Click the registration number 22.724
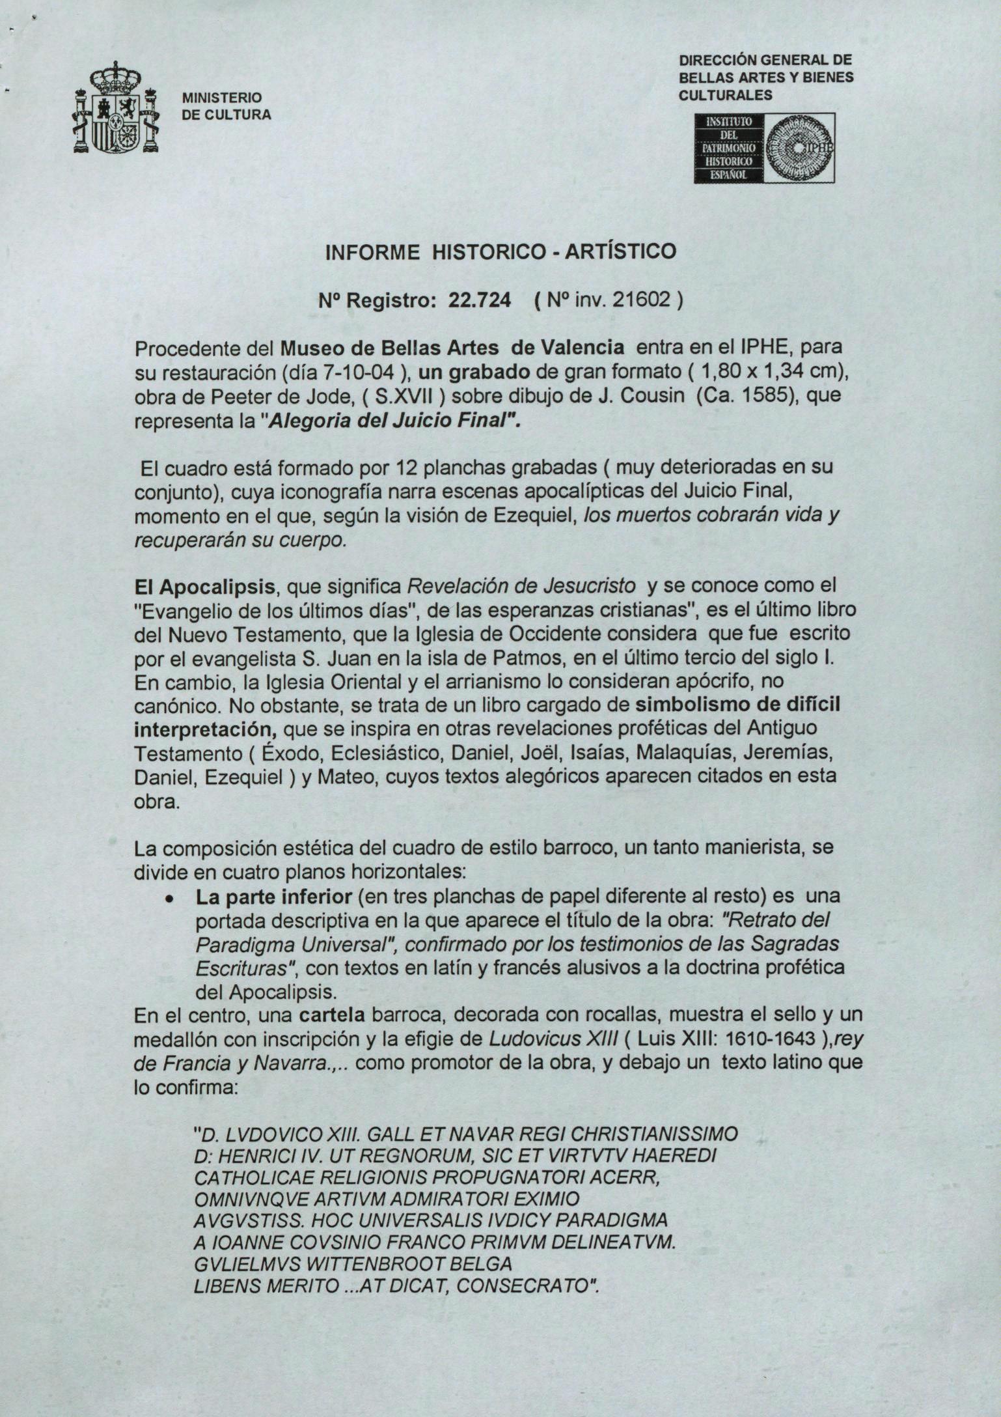click(x=480, y=300)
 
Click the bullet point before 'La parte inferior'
click(x=169, y=898)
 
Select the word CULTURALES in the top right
click(x=725, y=96)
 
